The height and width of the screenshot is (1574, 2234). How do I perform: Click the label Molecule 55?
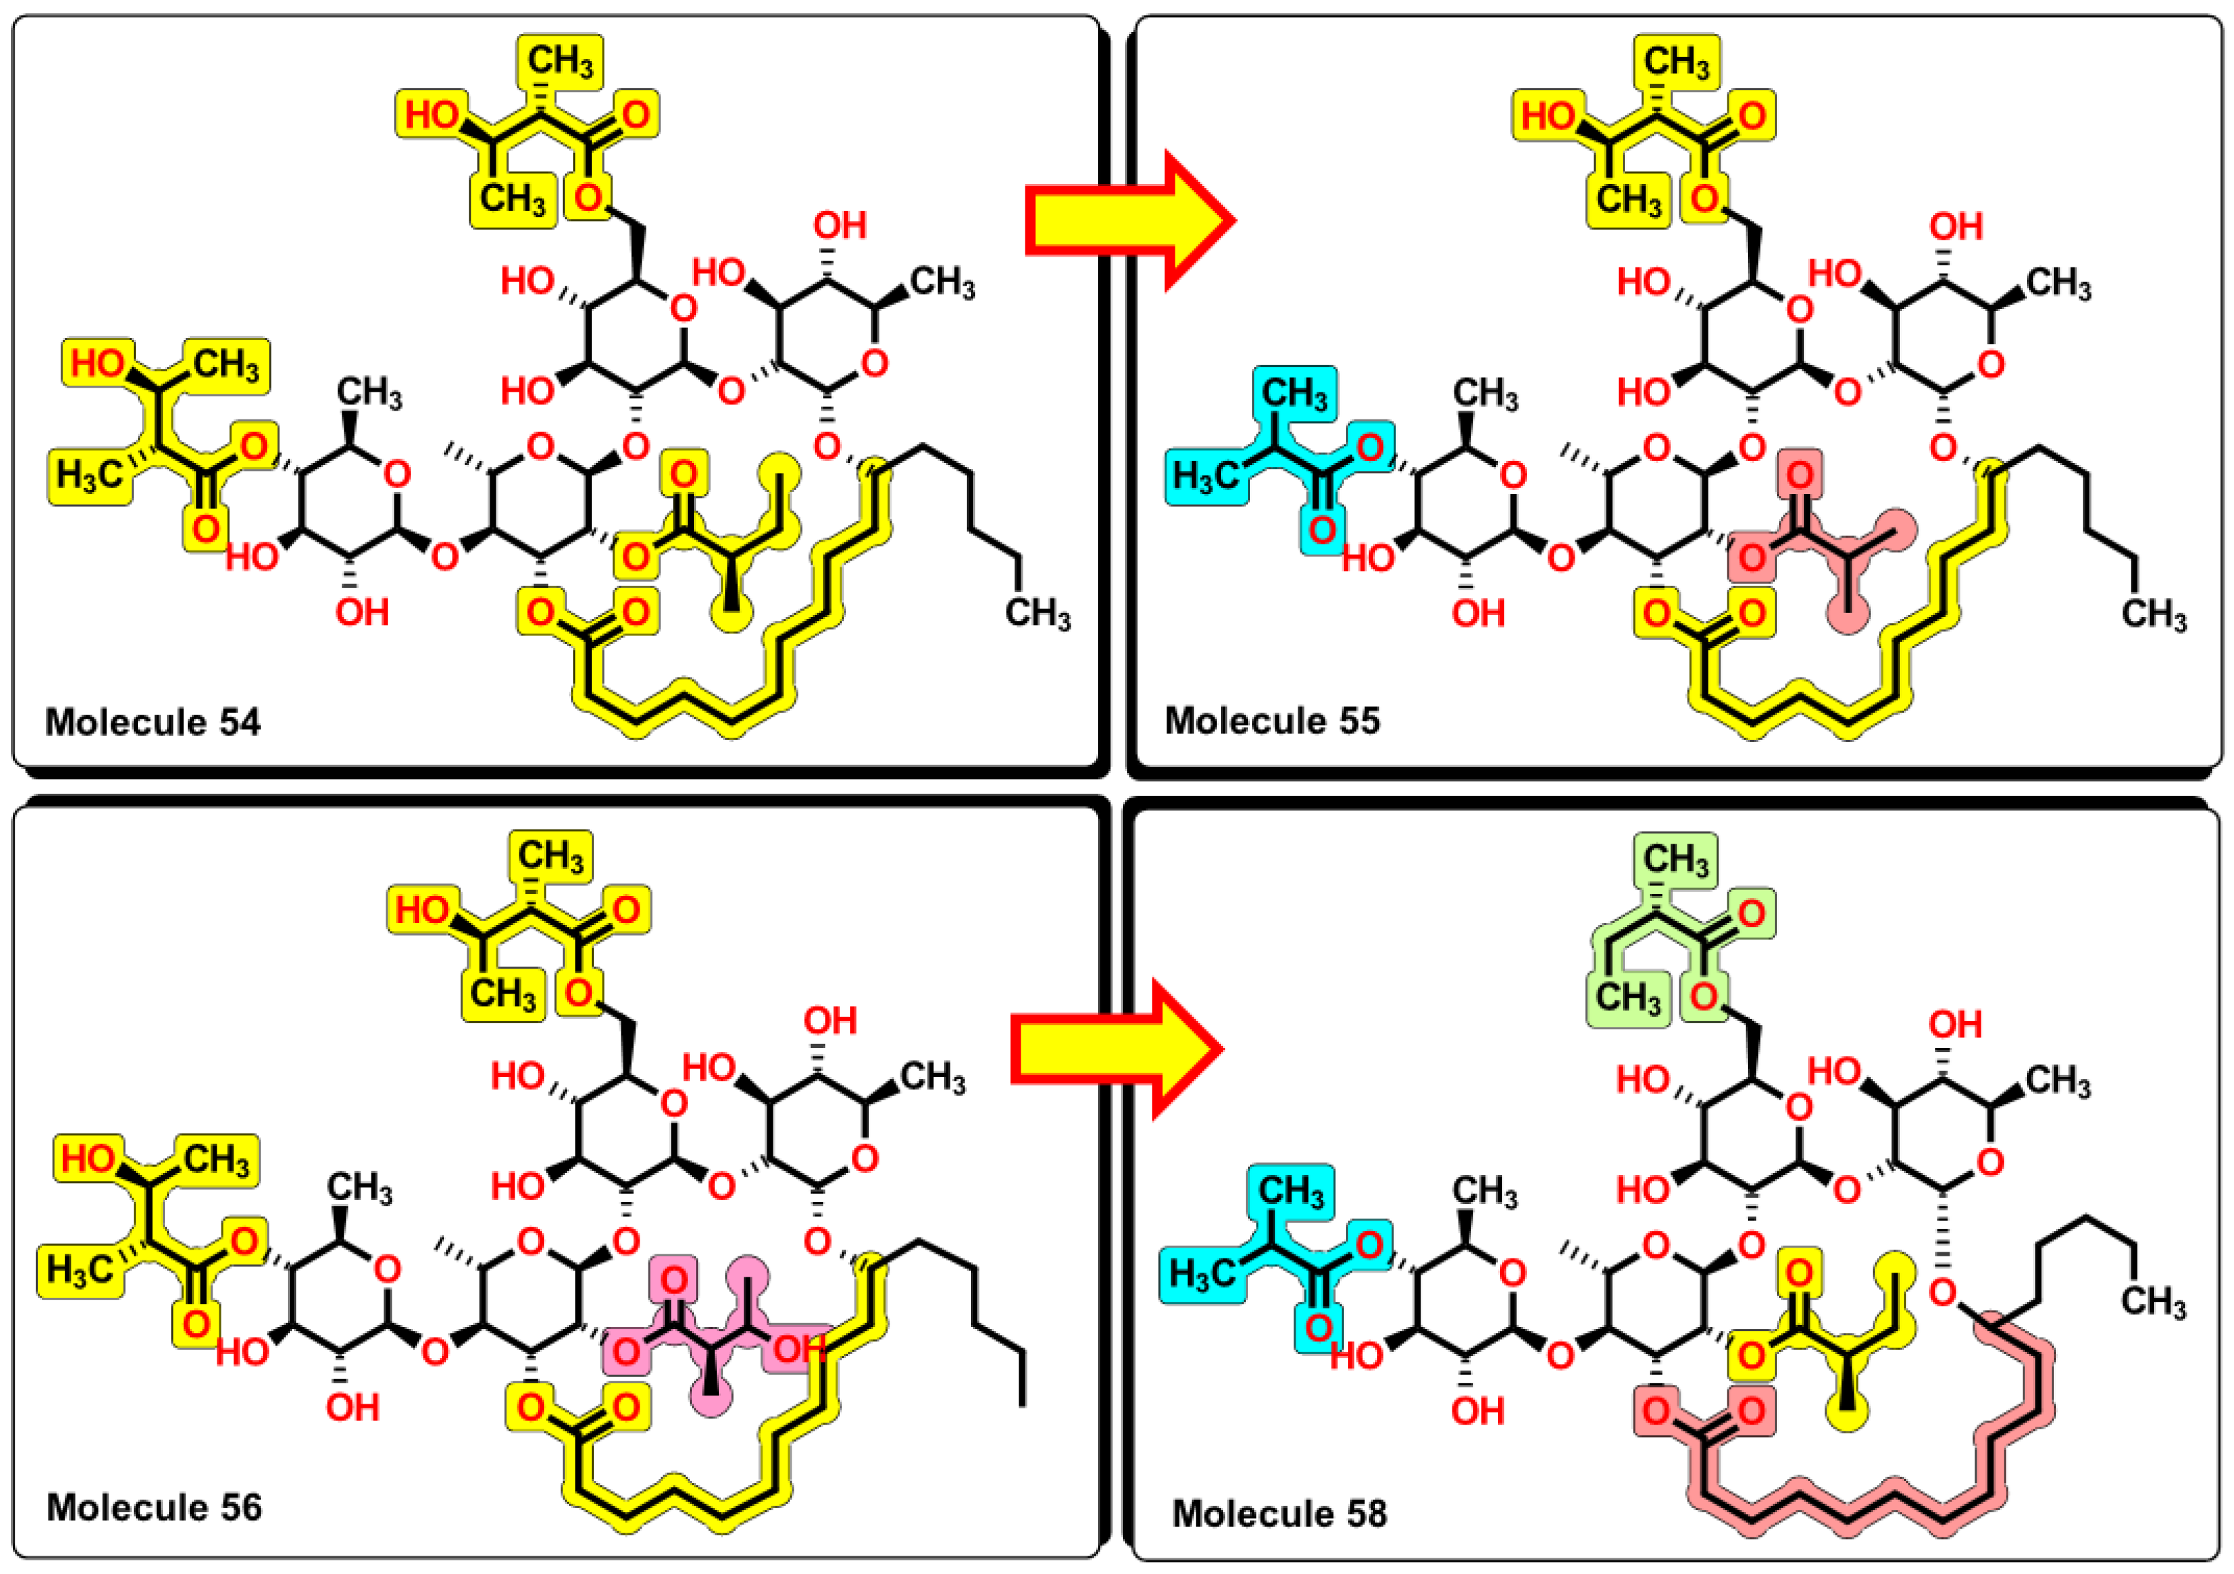[1272, 721]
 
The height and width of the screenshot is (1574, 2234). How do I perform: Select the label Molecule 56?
[153, 1507]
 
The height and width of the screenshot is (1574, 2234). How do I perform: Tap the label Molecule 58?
[1279, 1513]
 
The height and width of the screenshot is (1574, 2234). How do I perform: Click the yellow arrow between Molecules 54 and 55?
[1129, 221]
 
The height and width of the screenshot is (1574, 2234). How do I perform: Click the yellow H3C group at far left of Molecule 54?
[90, 476]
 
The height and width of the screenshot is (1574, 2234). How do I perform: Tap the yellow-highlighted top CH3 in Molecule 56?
[551, 856]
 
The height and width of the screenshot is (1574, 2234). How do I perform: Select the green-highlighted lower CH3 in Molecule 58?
[1628, 998]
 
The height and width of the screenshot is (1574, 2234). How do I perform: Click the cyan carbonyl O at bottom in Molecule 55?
[1320, 530]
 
